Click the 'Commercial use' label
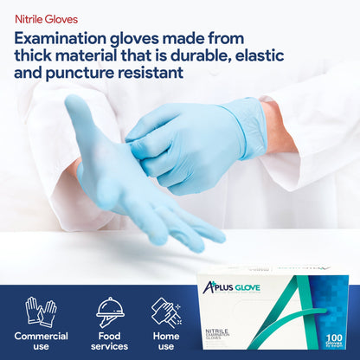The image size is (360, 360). coord(41,341)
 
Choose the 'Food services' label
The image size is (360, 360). coord(110,341)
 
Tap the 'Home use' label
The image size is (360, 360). coord(166,341)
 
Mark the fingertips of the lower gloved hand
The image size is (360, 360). coord(203,238)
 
